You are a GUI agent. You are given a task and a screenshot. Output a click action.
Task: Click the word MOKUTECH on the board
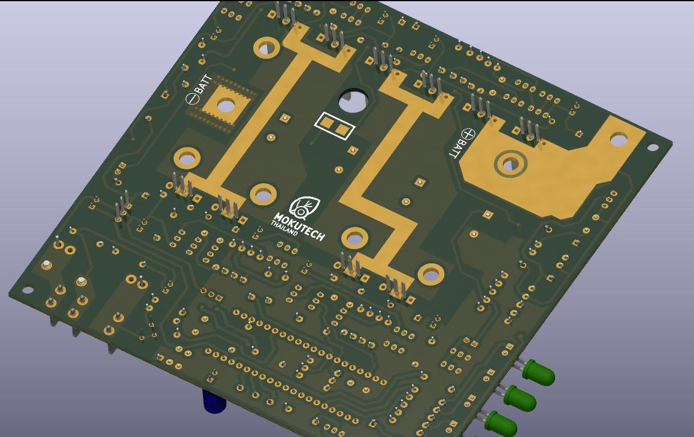pos(299,227)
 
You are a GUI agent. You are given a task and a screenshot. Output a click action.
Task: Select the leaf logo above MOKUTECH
pos(304,208)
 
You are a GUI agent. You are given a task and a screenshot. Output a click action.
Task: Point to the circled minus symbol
pos(192,98)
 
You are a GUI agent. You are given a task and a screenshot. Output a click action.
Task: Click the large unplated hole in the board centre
pos(353,101)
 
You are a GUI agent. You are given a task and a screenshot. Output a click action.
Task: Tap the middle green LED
pos(521,397)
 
